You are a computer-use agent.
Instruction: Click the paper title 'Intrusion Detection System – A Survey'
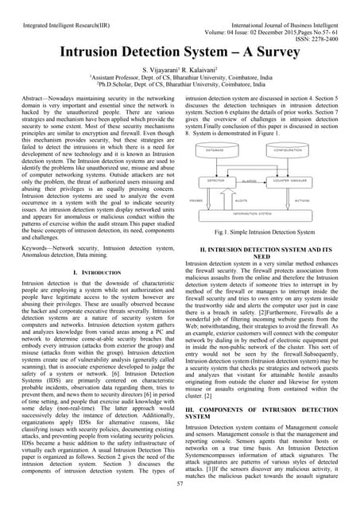tap(180, 53)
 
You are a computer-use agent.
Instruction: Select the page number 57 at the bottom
tap(180, 483)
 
